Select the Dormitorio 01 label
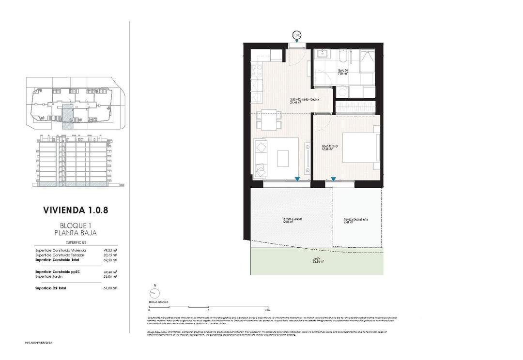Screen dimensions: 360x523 click(x=330, y=148)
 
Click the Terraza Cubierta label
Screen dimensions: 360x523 click(x=292, y=221)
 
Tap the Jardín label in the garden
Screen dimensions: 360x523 click(x=317, y=260)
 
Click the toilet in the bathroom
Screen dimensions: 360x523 click(x=343, y=57)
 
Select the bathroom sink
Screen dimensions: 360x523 click(x=322, y=55)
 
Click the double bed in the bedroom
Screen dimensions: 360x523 click(x=360, y=147)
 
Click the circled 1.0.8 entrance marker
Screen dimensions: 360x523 click(x=297, y=35)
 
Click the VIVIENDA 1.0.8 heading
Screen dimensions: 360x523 click(x=79, y=210)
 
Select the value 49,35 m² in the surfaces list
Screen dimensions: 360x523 click(x=110, y=250)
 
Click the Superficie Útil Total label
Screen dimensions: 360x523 click(x=51, y=288)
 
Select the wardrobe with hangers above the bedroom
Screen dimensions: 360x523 click(x=354, y=105)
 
